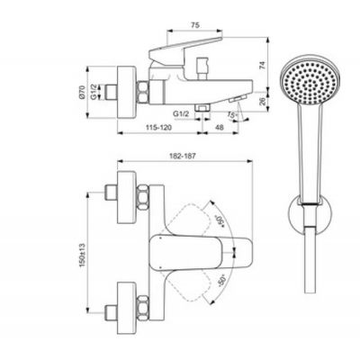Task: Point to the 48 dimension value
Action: [x=221, y=128]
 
